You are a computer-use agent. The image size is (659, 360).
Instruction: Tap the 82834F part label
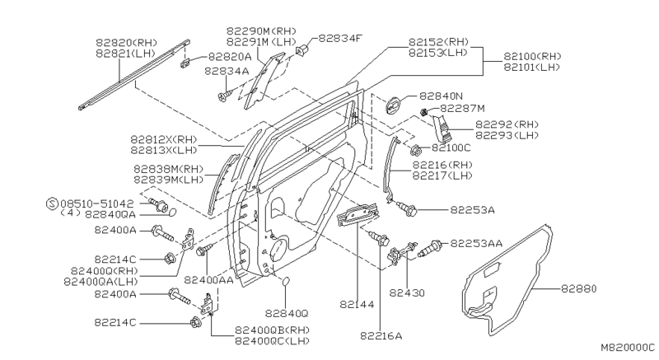(339, 38)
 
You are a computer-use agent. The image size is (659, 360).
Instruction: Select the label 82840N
(442, 96)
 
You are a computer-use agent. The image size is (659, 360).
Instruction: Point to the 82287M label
(462, 108)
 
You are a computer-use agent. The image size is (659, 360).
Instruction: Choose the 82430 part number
(406, 292)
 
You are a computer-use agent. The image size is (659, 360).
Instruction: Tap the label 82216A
(381, 335)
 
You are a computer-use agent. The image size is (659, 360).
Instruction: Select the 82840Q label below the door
(287, 313)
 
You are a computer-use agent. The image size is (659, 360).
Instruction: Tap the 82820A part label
(229, 57)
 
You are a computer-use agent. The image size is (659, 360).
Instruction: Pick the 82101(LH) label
(538, 67)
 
